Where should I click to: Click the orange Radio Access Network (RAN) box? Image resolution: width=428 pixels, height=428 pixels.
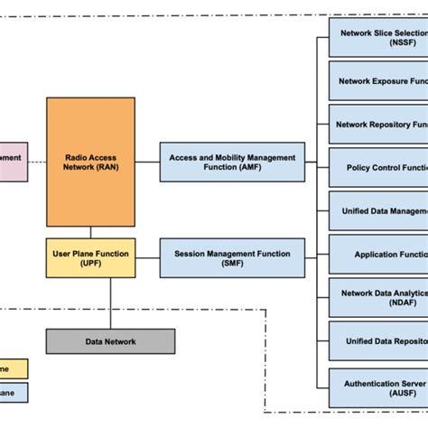click(x=90, y=163)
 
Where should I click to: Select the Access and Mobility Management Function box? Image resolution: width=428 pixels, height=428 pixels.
click(x=232, y=163)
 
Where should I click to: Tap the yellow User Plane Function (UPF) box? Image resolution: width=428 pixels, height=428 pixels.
click(x=90, y=258)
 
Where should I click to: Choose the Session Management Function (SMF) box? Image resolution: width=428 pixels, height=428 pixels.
click(x=232, y=258)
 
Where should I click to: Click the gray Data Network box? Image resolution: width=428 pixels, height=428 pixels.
click(x=110, y=341)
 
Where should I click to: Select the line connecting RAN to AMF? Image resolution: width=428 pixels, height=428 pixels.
click(x=147, y=163)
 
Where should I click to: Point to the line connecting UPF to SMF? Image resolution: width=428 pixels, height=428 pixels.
click(x=147, y=258)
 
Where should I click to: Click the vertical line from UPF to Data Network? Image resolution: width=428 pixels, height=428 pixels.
click(x=111, y=302)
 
